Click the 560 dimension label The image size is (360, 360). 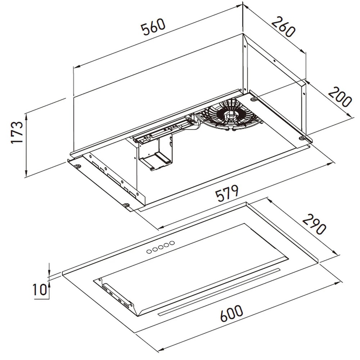[x=153, y=27]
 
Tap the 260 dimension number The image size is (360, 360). [x=283, y=27]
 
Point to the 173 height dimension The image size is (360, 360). [x=17, y=132]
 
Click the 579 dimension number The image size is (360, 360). [x=227, y=193]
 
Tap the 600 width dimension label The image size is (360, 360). [x=231, y=313]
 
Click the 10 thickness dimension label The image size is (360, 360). [x=40, y=289]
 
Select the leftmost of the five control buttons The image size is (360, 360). [x=149, y=251]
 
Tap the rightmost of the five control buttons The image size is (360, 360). [x=172, y=243]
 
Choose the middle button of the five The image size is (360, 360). [x=161, y=247]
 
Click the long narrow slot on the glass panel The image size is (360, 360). [x=219, y=292]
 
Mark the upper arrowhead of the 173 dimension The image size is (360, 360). [x=26, y=116]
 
